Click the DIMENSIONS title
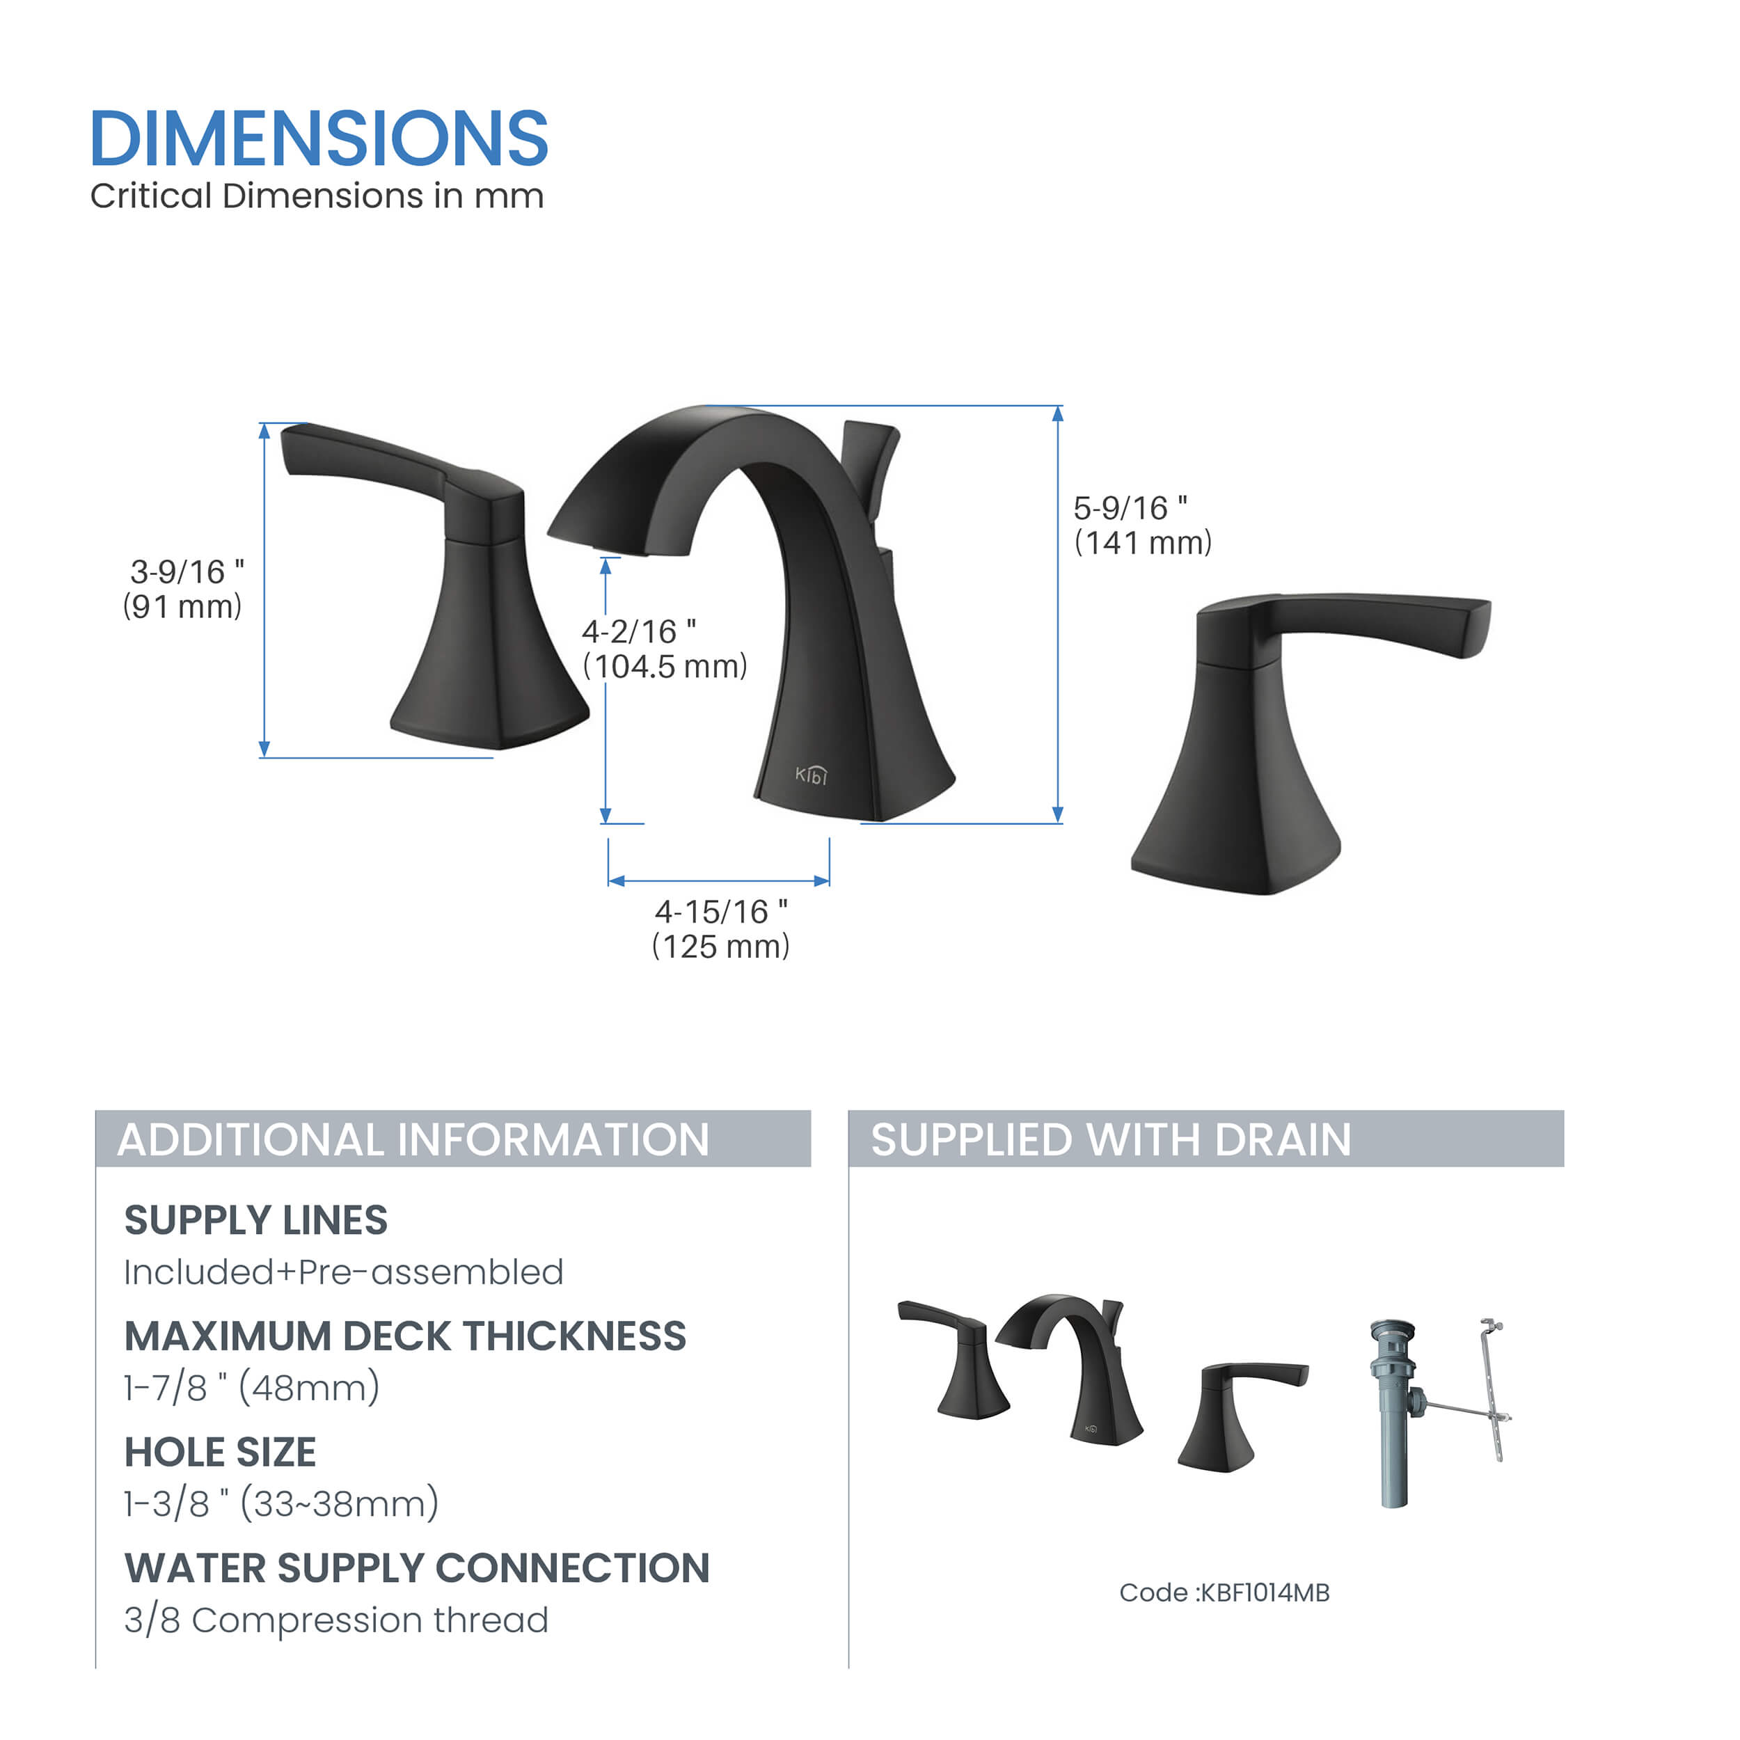[x=319, y=138]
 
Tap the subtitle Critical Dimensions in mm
[x=317, y=196]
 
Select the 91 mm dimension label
[x=183, y=606]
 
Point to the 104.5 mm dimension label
[x=665, y=667]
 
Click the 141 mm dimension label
[x=1143, y=542]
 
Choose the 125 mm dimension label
[x=720, y=946]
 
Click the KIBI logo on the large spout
[x=811, y=775]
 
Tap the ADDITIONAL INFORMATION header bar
[x=453, y=1139]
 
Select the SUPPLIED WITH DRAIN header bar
[x=1206, y=1139]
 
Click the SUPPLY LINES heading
[x=255, y=1220]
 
